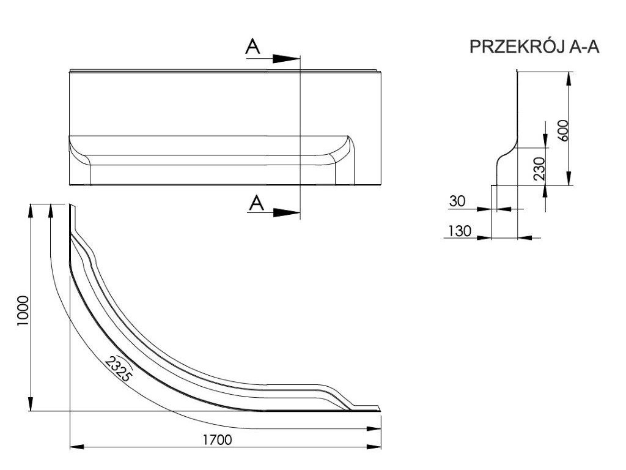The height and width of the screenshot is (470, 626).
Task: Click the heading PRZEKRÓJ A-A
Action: click(x=534, y=48)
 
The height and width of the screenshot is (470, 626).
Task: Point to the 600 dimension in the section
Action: click(x=564, y=130)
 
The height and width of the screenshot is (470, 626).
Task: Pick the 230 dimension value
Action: click(x=539, y=168)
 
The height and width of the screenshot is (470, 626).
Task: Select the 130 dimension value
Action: click(x=459, y=231)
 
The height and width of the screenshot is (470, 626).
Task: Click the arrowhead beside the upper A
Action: click(x=285, y=59)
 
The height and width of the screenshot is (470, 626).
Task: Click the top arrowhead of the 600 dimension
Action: click(x=570, y=78)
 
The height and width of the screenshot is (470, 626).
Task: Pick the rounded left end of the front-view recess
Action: click(x=78, y=149)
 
